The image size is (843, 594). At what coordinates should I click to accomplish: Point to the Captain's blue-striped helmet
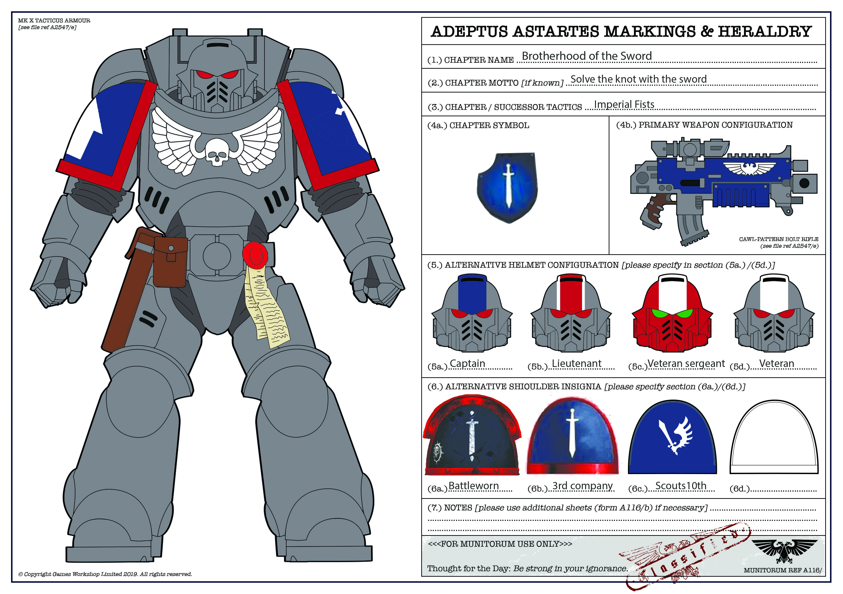click(x=472, y=314)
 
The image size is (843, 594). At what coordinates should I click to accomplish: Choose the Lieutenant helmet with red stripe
click(x=571, y=314)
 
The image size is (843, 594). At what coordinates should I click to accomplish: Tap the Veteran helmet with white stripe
click(x=774, y=314)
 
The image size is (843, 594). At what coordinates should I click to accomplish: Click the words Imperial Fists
click(x=624, y=105)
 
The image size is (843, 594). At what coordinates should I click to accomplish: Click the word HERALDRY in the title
click(x=764, y=32)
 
